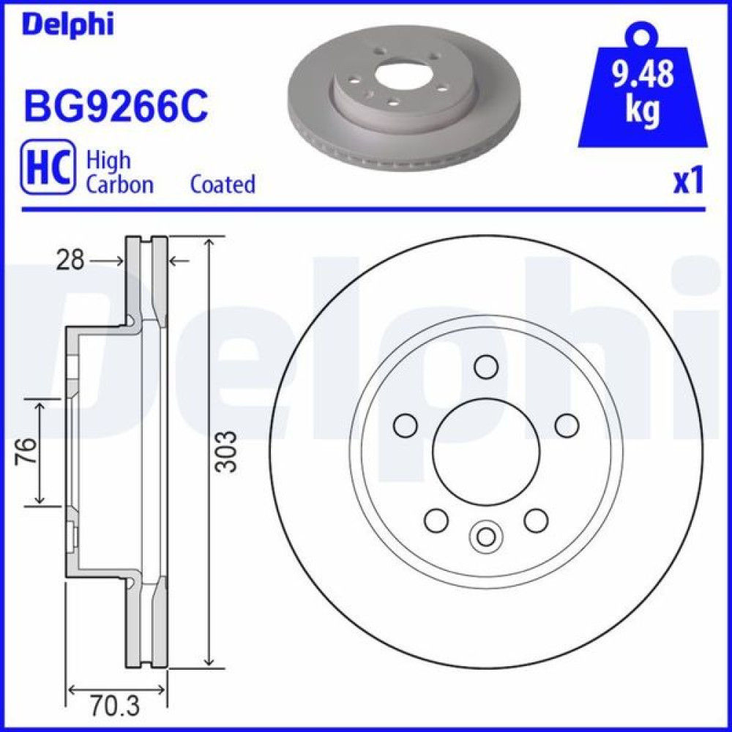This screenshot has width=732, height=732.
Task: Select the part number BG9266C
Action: click(x=116, y=106)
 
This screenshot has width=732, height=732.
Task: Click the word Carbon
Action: click(x=119, y=184)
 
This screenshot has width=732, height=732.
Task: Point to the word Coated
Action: click(x=223, y=184)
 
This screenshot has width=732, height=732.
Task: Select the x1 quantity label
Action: click(x=687, y=181)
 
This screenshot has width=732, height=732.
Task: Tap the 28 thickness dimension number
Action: click(x=71, y=260)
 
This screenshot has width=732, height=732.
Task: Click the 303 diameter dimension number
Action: click(x=228, y=451)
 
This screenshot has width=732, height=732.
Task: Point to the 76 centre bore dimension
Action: click(x=26, y=452)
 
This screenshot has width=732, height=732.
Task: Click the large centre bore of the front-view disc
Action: click(x=486, y=451)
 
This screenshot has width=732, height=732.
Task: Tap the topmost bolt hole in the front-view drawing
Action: click(x=486, y=365)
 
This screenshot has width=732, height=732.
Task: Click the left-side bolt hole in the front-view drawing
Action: click(x=405, y=425)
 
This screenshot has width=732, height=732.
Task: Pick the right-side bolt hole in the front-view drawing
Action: click(x=567, y=425)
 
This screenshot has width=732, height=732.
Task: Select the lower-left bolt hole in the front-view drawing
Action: click(x=436, y=520)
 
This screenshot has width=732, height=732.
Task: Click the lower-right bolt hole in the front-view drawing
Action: click(x=536, y=520)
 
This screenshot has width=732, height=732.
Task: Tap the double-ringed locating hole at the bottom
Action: click(x=486, y=536)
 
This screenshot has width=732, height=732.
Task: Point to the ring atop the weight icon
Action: click(x=642, y=35)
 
